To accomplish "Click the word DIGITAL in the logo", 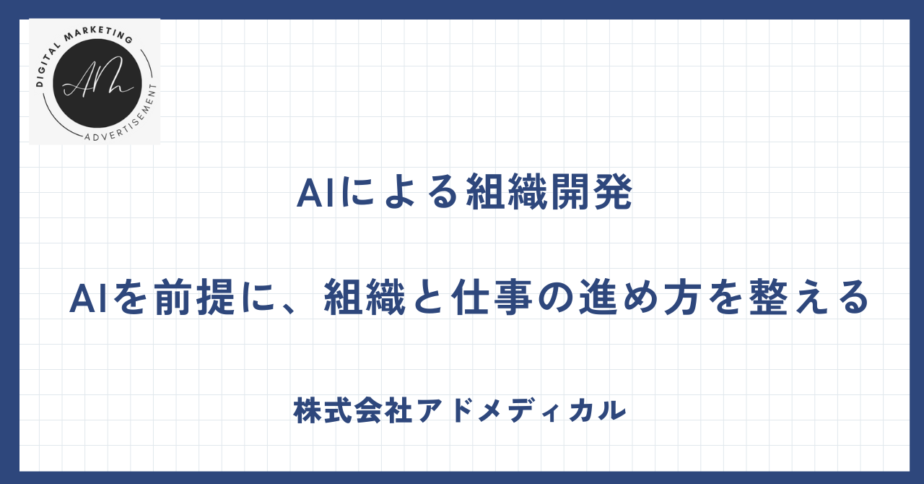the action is point(47,64).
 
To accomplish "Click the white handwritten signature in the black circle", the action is point(97,79).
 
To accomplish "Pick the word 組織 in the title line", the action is point(507,192).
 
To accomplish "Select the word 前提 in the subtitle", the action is point(194,298).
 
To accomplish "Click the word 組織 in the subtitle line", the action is point(365,298).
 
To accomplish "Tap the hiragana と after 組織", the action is point(429,298).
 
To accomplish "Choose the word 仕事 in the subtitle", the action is point(492,298).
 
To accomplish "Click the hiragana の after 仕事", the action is point(556,298).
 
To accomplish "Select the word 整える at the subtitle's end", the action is point(809,298).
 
